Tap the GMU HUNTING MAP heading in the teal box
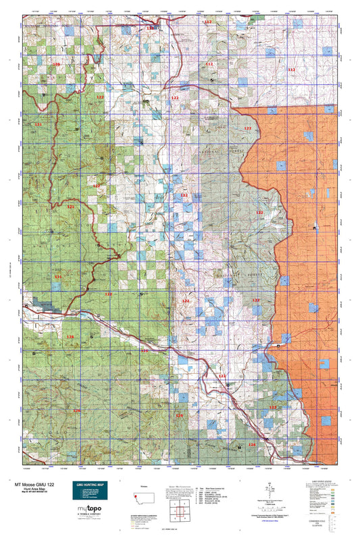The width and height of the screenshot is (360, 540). coord(88,485)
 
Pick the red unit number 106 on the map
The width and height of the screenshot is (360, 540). coord(56,64)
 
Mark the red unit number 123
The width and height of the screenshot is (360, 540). coord(222,375)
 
